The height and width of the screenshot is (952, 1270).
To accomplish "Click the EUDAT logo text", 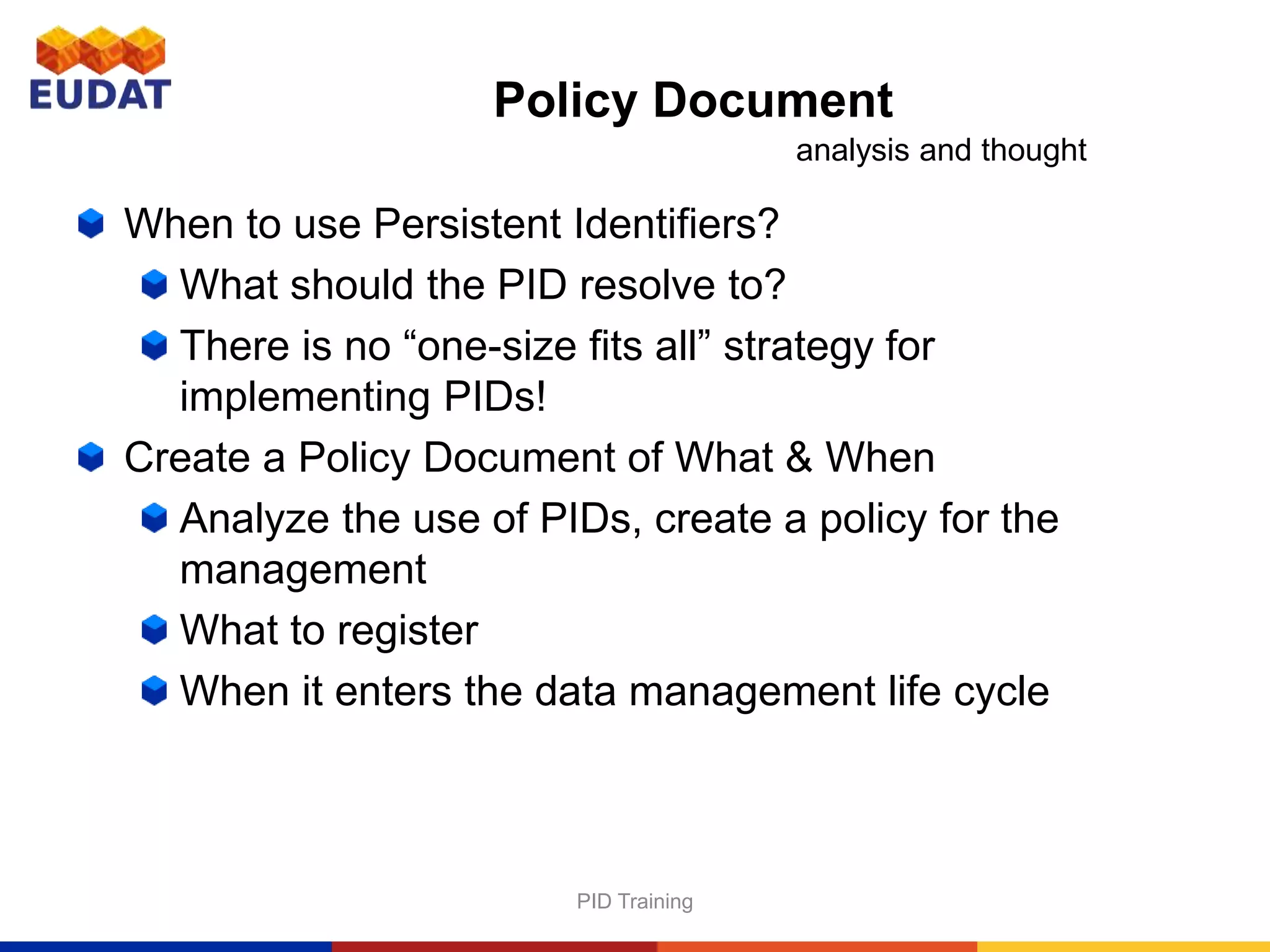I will [x=100, y=95].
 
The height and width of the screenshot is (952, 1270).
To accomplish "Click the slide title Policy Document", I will [x=693, y=100].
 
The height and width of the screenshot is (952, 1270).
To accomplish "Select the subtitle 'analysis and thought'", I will [x=941, y=151].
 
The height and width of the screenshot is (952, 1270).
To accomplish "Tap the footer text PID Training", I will [x=634, y=901].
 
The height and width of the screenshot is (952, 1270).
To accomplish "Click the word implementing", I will [x=304, y=397].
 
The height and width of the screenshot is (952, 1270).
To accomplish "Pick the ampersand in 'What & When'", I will [x=799, y=457].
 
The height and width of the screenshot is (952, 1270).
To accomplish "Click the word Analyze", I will [x=254, y=519].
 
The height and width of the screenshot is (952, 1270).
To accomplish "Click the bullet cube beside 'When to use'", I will [x=91, y=223].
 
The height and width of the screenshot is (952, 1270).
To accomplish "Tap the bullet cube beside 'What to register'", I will [x=154, y=630].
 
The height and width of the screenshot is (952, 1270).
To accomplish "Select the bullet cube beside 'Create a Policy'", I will [x=91, y=457].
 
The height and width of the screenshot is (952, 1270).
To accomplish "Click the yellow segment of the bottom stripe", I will [x=1123, y=946].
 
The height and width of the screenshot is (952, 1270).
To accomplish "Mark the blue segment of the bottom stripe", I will [x=166, y=946].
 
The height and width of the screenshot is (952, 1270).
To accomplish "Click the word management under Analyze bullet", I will [x=303, y=570].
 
